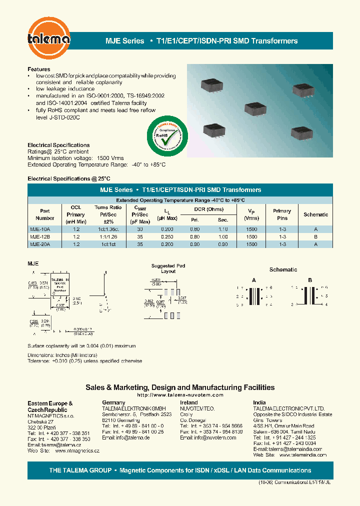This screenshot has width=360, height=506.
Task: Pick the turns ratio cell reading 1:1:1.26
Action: click(x=108, y=236)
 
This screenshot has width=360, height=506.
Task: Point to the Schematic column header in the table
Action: click(x=315, y=214)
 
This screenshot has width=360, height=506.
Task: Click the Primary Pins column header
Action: click(x=282, y=214)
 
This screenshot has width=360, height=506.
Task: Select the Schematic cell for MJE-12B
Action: click(x=315, y=236)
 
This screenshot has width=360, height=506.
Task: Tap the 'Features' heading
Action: click(x=38, y=69)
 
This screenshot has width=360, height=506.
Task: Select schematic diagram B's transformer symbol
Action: click(x=309, y=296)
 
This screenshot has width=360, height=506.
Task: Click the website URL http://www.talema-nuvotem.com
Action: click(x=179, y=395)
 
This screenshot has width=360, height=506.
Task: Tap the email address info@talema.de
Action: click(x=132, y=437)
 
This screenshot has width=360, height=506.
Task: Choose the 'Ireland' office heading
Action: click(x=188, y=402)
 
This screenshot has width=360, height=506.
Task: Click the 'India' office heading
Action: click(x=259, y=402)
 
